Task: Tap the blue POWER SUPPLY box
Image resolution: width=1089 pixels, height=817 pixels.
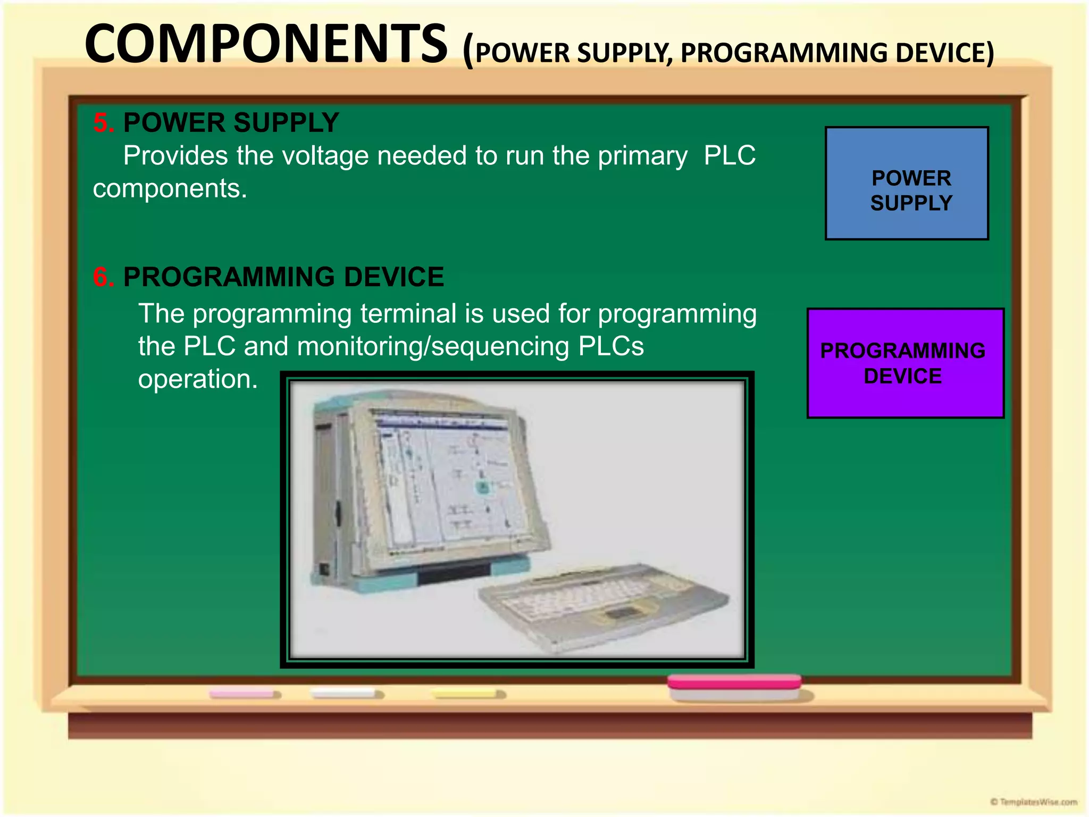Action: tap(907, 184)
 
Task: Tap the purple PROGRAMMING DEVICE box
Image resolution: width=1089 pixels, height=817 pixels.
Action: tap(905, 363)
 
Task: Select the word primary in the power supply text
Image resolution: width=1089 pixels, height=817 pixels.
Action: tap(642, 156)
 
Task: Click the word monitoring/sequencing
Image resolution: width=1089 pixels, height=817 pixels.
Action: tap(433, 346)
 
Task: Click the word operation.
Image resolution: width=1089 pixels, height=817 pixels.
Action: tap(197, 379)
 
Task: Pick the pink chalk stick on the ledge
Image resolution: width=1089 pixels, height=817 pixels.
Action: tap(244, 694)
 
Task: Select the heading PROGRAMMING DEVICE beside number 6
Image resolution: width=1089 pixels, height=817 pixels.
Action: tap(283, 277)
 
